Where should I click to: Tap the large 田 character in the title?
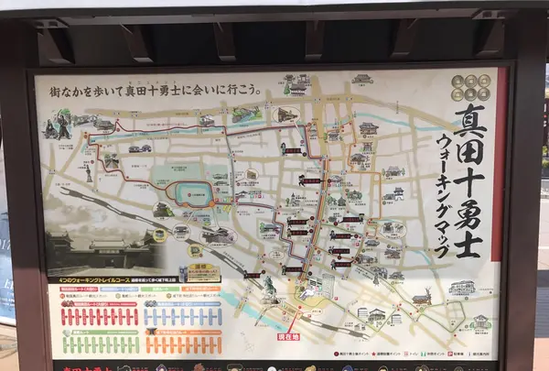click(468, 158)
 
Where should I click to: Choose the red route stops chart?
click(99, 317)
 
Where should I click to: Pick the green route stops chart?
click(99, 344)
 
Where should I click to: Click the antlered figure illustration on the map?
click(422, 298)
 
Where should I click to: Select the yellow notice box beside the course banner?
click(203, 273)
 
